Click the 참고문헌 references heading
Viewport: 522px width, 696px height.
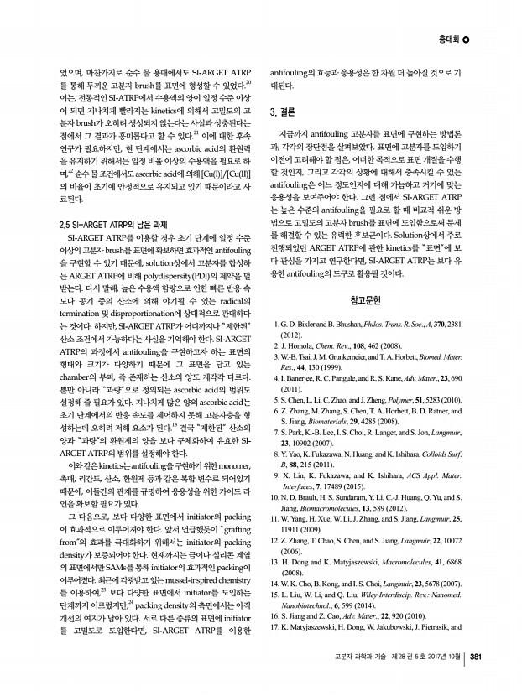(366, 300)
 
